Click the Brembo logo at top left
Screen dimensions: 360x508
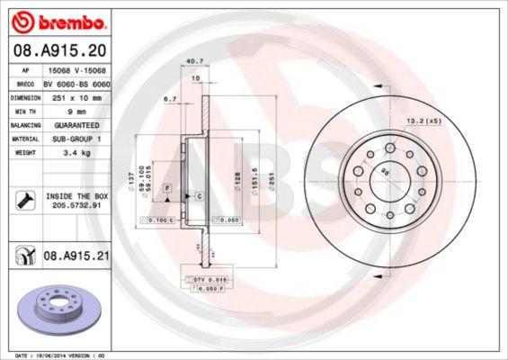pyautogui.click(x=57, y=20)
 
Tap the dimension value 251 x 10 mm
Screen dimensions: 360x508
pyautogui.click(x=76, y=97)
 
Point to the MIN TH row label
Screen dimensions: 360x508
pyautogui.click(x=24, y=112)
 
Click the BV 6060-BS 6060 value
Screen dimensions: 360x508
pyautogui.click(x=82, y=83)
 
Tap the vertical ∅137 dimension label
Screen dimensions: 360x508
pyautogui.click(x=132, y=187)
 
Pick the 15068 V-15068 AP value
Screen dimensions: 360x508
pyautogui.click(x=81, y=68)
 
